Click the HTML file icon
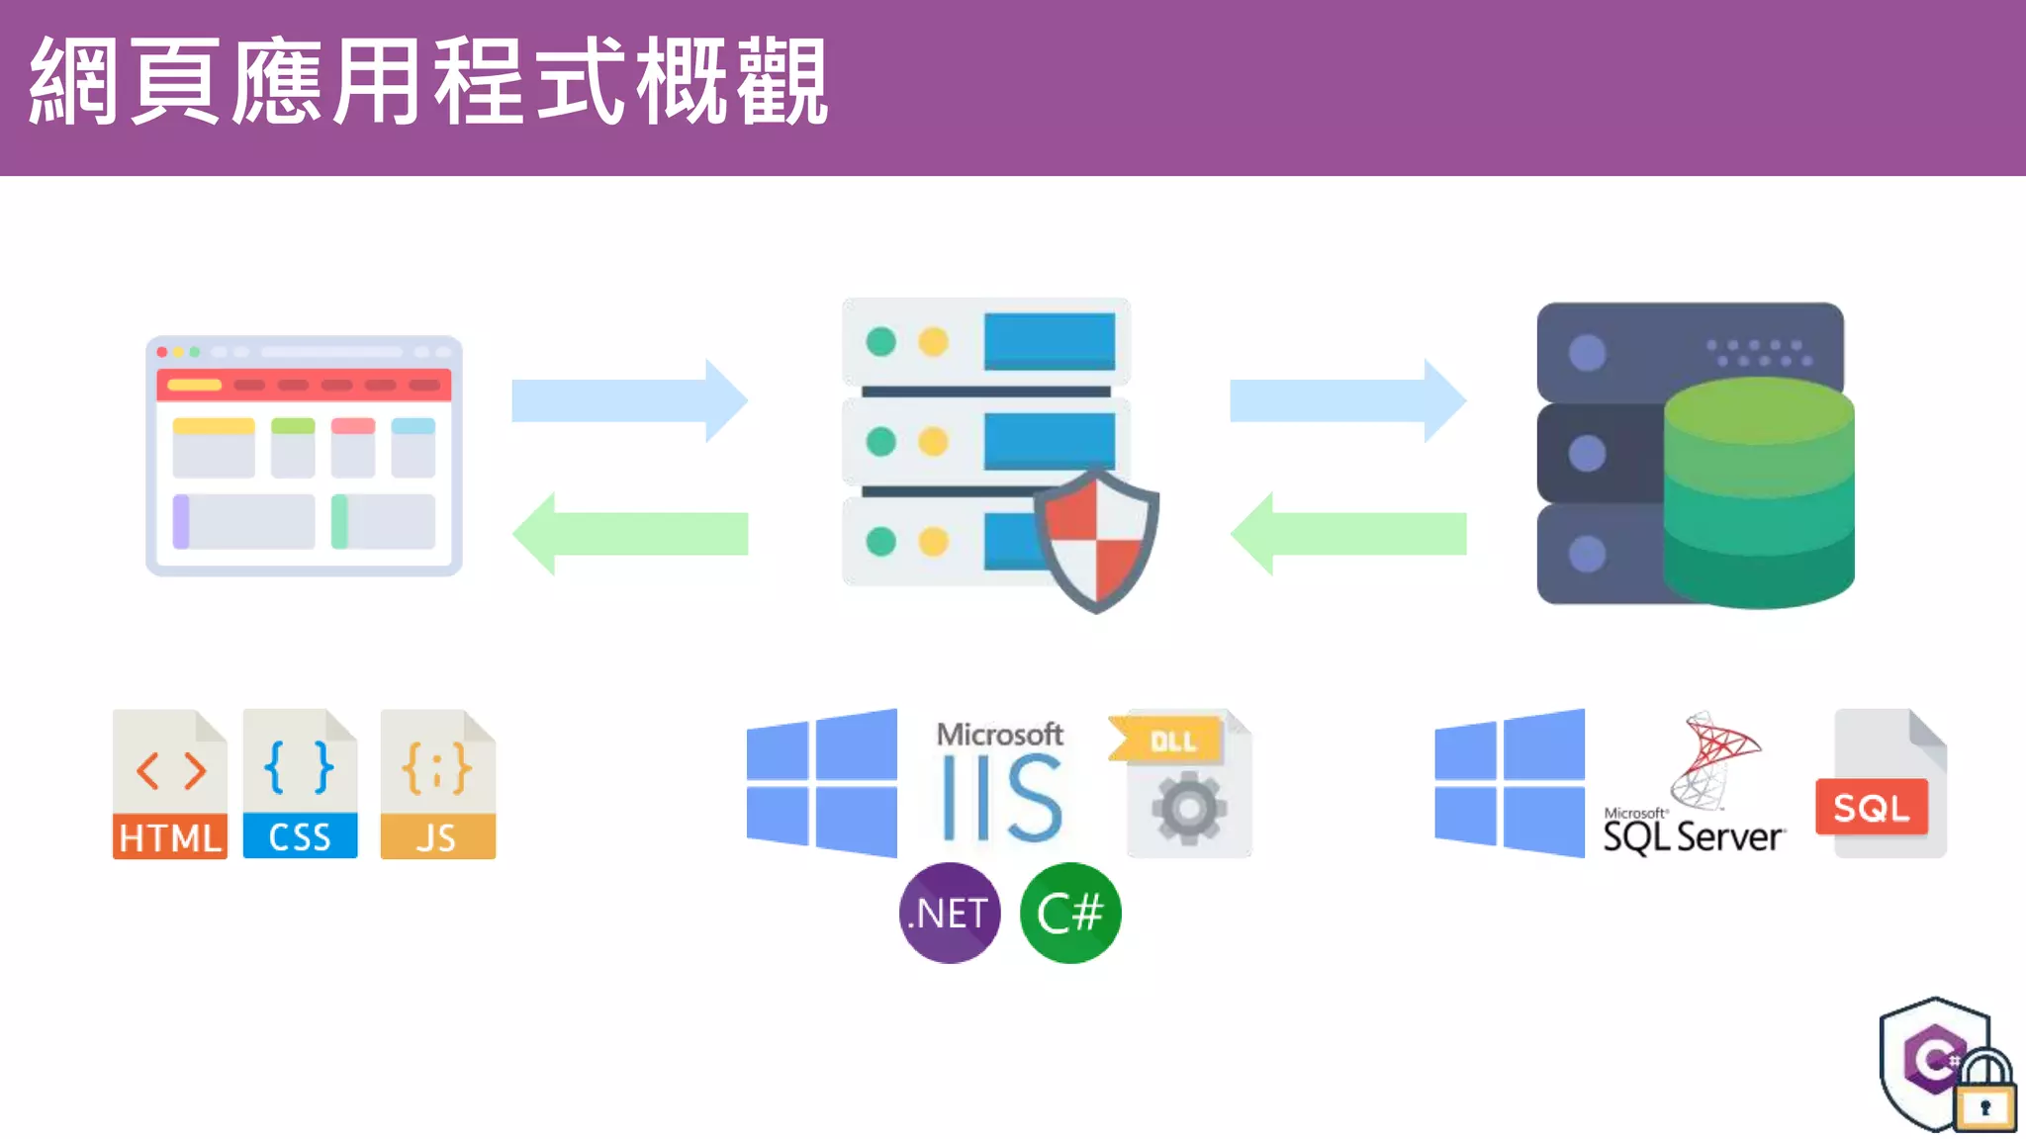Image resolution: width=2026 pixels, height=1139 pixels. pos(169,784)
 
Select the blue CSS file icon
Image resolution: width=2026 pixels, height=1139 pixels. pos(300,784)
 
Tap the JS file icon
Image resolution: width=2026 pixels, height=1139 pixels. pos(437,784)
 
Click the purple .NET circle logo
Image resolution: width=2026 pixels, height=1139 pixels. pos(950,913)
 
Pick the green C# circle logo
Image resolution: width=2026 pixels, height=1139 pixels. pos(1070,913)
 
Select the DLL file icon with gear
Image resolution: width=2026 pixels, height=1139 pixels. pos(1183,783)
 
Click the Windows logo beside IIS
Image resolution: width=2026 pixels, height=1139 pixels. pos(823,783)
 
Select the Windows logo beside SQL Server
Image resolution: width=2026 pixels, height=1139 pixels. pos(1511,783)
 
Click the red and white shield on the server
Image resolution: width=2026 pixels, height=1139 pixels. pos(1096,540)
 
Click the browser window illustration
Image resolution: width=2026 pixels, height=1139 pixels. pos(304,456)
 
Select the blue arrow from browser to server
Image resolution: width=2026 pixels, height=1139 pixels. pos(629,400)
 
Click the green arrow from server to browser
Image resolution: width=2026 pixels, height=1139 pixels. pos(629,534)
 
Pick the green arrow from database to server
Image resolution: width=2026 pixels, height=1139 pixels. pos(1347,534)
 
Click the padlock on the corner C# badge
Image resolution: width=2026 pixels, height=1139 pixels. pos(1985,1094)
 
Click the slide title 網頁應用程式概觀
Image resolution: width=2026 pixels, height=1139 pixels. pos(427,83)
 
